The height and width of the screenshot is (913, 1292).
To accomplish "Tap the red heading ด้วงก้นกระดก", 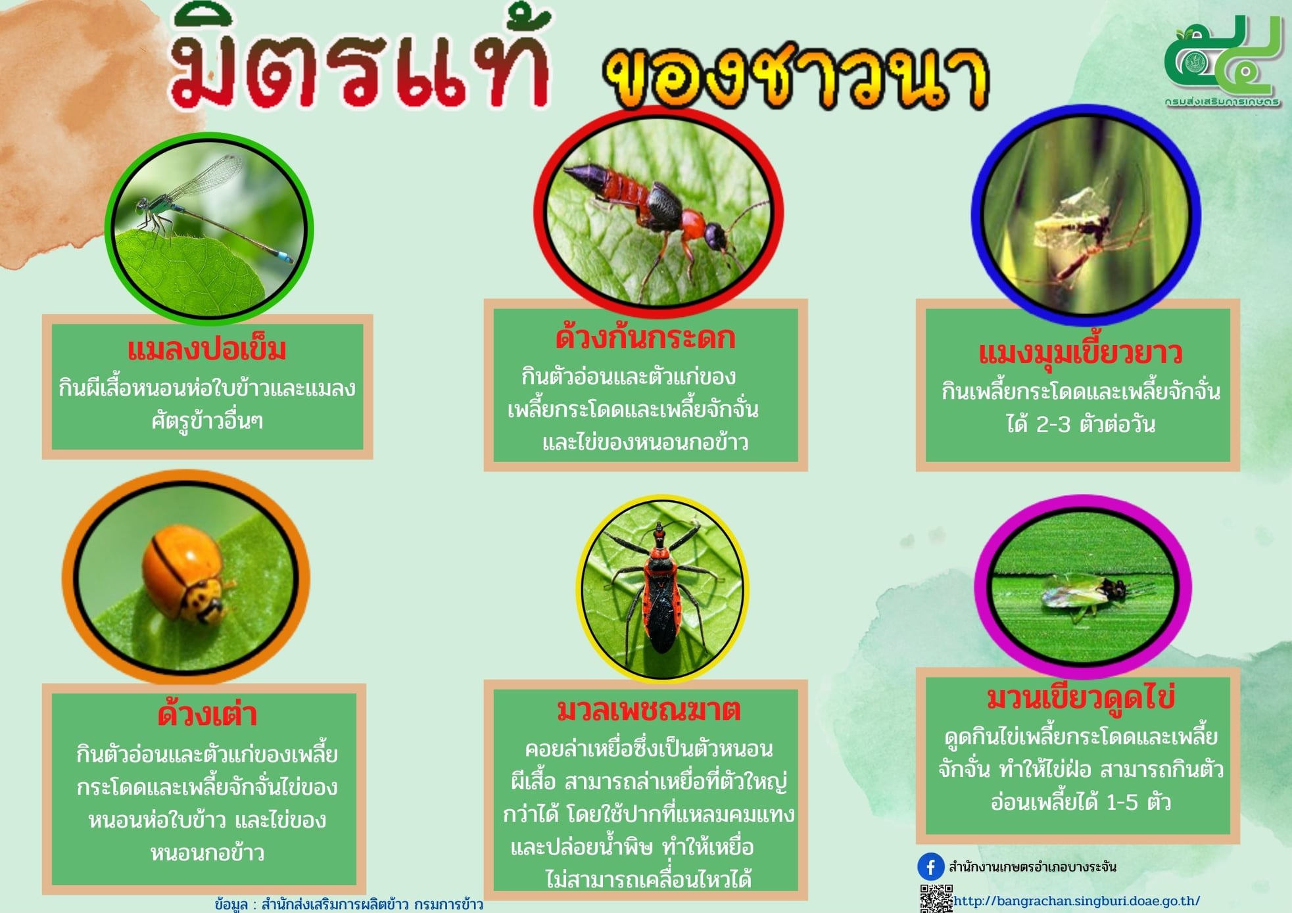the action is coord(645,337).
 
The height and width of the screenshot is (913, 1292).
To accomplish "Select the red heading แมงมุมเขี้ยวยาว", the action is coord(1080,353).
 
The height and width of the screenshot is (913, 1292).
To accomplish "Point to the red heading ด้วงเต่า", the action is coord(207,714).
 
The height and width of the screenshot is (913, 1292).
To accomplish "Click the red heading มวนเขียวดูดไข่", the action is coord(1080,697).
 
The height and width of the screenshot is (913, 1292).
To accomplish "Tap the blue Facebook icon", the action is coord(930,867).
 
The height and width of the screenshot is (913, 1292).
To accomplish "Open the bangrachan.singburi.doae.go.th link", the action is coord(1076,901).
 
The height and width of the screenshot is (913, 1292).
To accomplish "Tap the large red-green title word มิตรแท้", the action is coord(358,62).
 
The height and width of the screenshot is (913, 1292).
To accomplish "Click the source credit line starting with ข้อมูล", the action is coord(349,904).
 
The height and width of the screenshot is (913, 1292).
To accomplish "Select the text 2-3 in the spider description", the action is coord(1053,425).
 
